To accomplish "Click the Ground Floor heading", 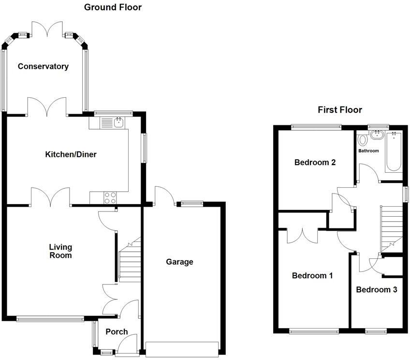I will coord(113,7).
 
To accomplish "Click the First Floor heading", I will coord(339,110).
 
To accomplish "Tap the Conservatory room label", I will coord(43,66).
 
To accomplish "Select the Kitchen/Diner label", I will coord(71,154).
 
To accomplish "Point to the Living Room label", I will coord(60,251).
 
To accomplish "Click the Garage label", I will coord(179,262).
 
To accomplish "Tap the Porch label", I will coord(117,331).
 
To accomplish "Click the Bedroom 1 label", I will coord(312,275).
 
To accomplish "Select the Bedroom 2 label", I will coord(315,163).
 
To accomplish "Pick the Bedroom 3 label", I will coord(376,290).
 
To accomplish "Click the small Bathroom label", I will coord(368,151).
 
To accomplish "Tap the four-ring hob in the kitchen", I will coord(110,197).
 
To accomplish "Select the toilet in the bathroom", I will coord(363,140).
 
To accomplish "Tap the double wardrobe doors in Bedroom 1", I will coord(302,234).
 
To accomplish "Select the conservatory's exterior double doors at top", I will coord(47,30).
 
